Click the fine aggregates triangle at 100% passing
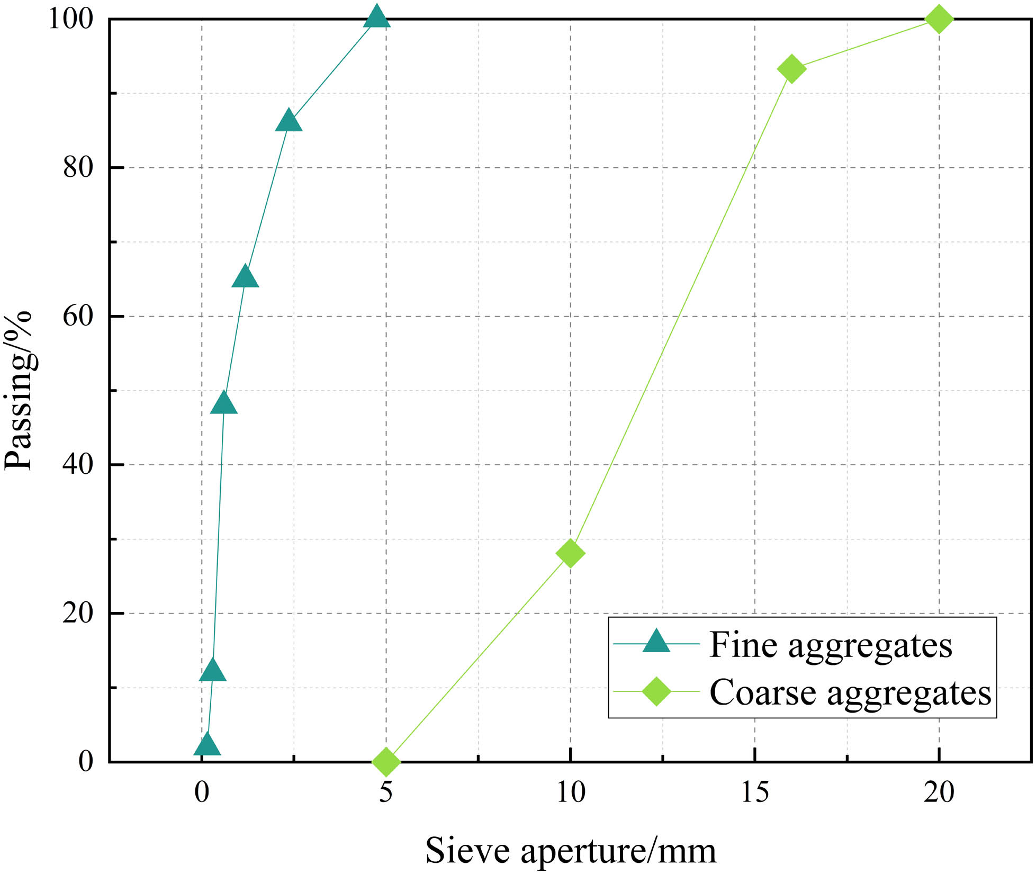[x=377, y=17]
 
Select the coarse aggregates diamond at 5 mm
[x=386, y=761]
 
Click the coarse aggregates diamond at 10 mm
[x=570, y=553]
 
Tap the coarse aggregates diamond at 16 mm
[x=791, y=68]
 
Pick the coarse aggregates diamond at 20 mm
[x=939, y=19]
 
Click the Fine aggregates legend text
[x=830, y=646]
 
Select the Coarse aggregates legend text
[x=850, y=693]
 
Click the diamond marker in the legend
[x=656, y=692]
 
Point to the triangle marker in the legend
[x=656, y=642]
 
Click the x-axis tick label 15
[x=754, y=792]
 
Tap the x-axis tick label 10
[x=570, y=792]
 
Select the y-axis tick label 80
[x=78, y=167]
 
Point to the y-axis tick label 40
[x=78, y=465]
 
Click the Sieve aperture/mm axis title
[x=570, y=850]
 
